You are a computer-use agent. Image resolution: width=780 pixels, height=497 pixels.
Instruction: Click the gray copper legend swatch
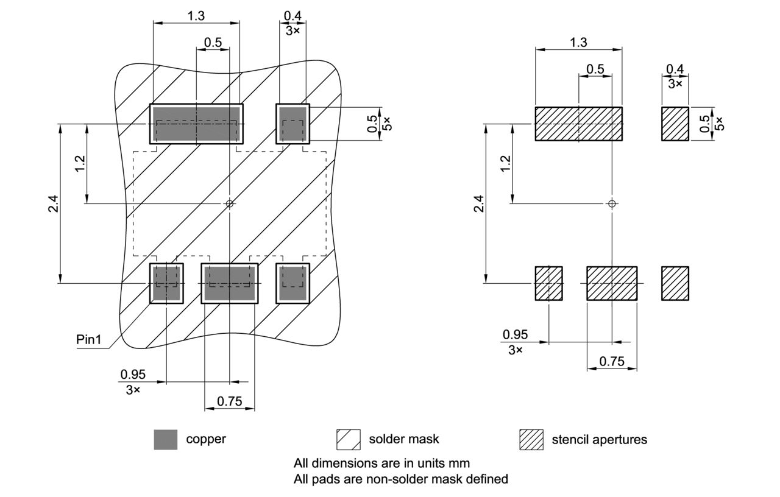pyautogui.click(x=166, y=439)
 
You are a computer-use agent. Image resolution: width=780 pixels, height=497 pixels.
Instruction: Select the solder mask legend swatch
pyautogui.click(x=349, y=439)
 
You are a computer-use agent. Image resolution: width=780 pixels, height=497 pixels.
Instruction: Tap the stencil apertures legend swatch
pyautogui.click(x=531, y=439)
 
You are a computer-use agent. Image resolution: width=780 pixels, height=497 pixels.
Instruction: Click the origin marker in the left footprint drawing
pyautogui.click(x=229, y=203)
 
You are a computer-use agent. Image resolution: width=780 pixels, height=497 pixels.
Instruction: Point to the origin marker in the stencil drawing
pyautogui.click(x=612, y=203)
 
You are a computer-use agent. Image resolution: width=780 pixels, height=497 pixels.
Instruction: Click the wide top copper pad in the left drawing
pyautogui.click(x=196, y=124)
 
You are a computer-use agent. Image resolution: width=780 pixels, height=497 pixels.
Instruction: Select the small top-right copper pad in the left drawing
pyautogui.click(x=292, y=124)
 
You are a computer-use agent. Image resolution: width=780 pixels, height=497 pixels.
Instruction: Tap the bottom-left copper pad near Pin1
pyautogui.click(x=166, y=283)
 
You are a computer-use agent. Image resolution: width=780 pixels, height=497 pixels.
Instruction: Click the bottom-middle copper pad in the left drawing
pyautogui.click(x=230, y=283)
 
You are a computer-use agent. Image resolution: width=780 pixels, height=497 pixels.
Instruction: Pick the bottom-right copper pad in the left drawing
pyautogui.click(x=292, y=283)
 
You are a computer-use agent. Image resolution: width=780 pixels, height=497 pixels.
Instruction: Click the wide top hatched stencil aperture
pyautogui.click(x=578, y=124)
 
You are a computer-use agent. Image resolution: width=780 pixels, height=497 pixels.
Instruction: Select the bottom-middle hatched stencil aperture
pyautogui.click(x=612, y=283)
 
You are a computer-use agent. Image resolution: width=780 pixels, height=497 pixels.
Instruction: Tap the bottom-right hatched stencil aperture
pyautogui.click(x=675, y=283)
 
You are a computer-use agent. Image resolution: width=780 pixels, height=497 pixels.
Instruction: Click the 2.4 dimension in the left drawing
pyautogui.click(x=52, y=203)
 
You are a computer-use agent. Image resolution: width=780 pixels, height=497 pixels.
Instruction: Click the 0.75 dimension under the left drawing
pyautogui.click(x=229, y=400)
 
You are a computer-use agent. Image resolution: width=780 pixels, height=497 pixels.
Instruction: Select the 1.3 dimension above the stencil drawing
pyautogui.click(x=578, y=42)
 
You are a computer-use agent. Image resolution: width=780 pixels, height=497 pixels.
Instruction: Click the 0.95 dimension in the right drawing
pyautogui.click(x=515, y=334)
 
